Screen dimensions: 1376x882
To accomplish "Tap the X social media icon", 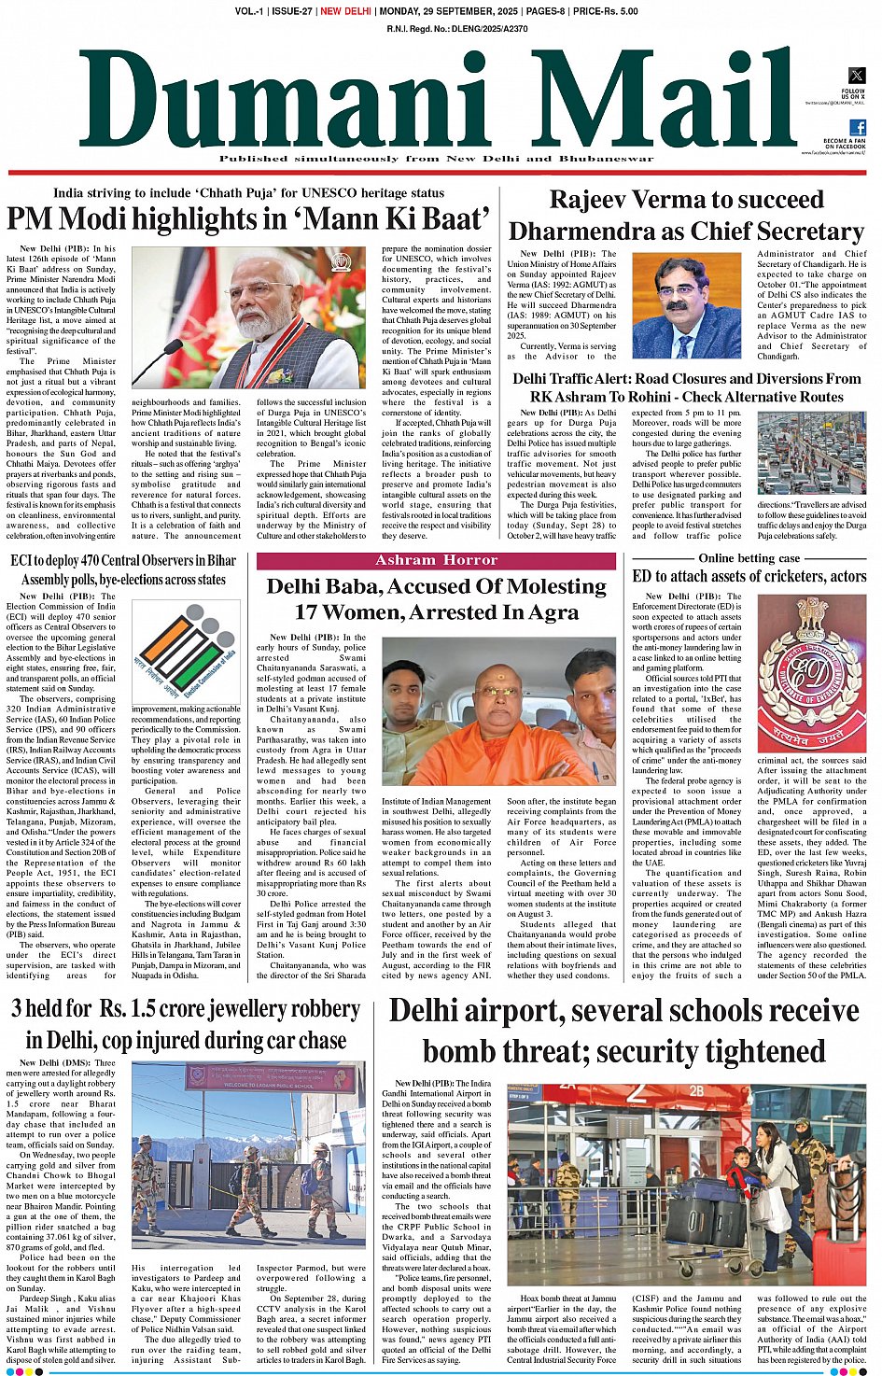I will point(856,76).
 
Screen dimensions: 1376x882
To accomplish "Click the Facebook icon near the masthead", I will point(857,128).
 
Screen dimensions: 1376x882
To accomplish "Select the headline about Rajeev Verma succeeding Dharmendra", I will point(686,215).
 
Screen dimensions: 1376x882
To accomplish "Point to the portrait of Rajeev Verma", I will point(686,305).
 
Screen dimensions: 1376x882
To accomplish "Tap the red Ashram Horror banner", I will point(436,560).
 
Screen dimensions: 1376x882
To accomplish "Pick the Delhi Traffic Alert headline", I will point(686,387).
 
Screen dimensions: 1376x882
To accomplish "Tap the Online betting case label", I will point(749,558).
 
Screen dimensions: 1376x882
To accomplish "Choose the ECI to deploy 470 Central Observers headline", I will point(123,569).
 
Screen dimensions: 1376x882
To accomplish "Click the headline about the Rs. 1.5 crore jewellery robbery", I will point(186,1024).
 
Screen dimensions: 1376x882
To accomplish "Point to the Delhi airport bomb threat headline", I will point(623,1031).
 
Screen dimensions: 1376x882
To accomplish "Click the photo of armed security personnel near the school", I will point(249,1160).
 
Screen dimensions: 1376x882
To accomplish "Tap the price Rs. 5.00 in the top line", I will point(606,11).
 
